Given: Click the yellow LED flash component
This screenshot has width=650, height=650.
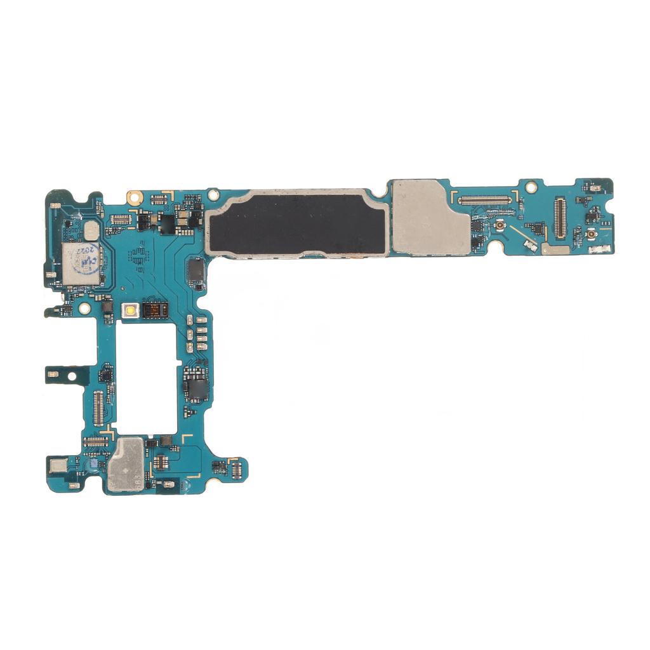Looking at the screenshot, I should click(x=131, y=310).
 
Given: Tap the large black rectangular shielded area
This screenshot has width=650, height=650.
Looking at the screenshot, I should click(x=297, y=222).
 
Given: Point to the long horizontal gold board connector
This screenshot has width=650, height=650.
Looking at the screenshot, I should click(x=484, y=200).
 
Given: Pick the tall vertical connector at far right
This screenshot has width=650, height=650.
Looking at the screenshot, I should click(x=559, y=218).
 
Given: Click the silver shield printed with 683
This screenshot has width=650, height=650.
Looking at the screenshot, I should click(x=127, y=465).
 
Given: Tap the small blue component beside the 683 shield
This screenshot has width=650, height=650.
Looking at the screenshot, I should click(x=94, y=465).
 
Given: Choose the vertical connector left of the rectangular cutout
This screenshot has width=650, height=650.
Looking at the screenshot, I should click(x=98, y=408).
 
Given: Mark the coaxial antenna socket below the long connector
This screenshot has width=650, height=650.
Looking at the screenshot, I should click(x=500, y=226).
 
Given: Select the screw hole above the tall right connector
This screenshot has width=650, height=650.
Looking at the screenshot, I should click(x=531, y=187).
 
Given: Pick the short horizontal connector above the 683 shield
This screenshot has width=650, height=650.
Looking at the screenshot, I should click(x=95, y=441).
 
